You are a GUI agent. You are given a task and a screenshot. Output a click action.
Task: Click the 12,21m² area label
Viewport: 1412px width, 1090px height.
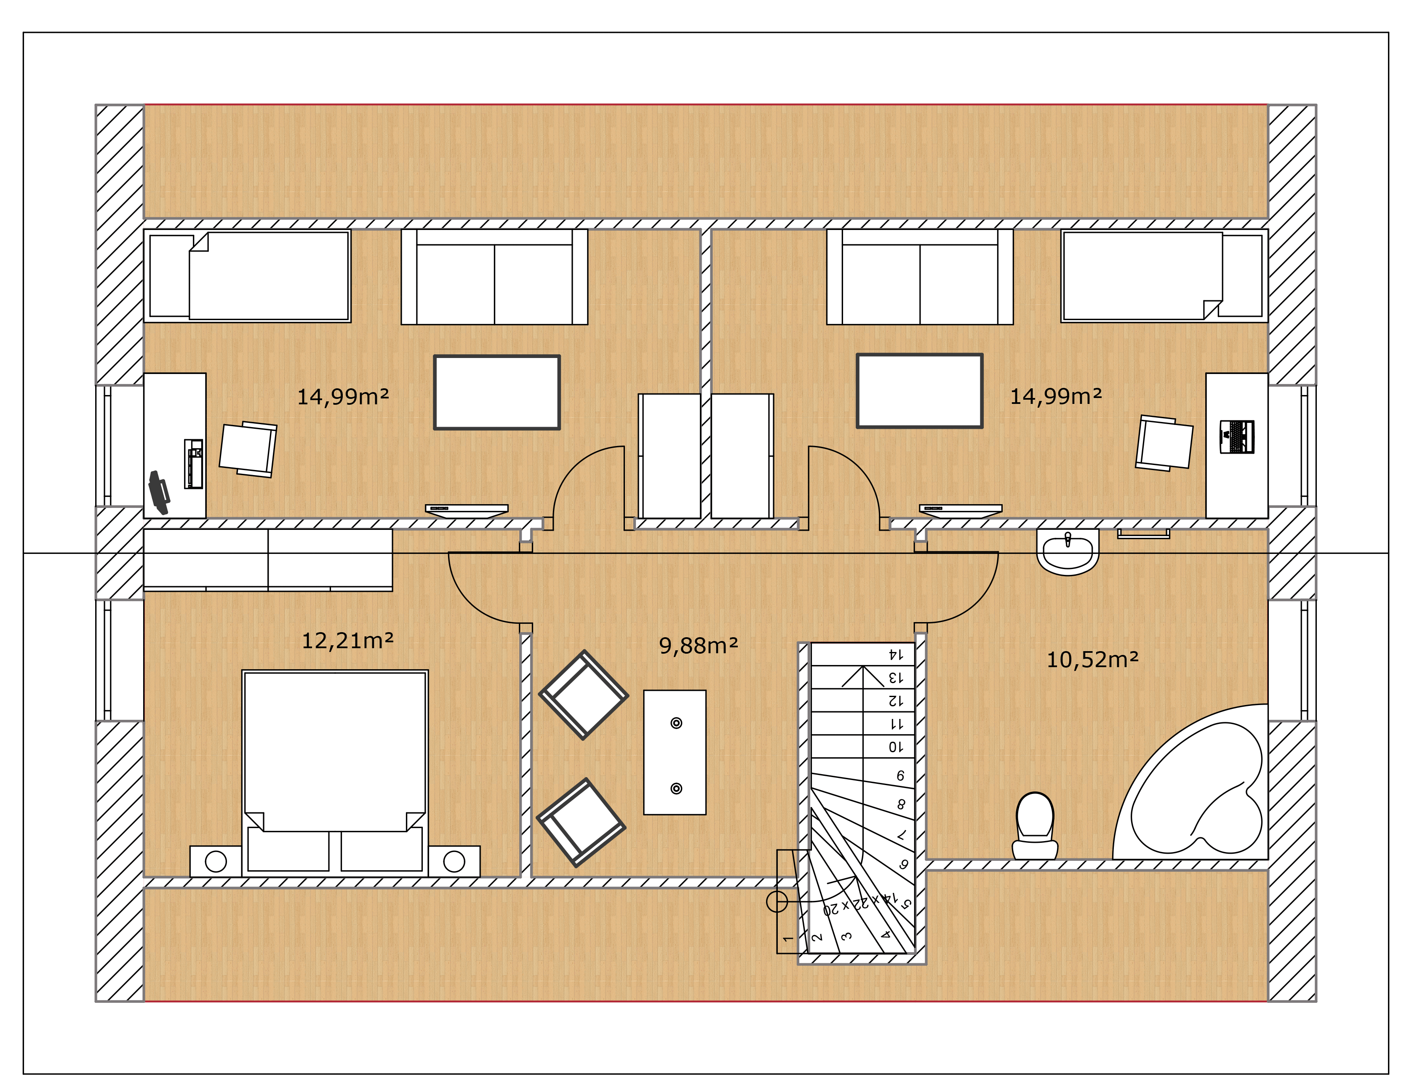click(348, 641)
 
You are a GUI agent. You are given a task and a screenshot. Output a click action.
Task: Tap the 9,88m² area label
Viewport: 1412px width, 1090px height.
click(698, 645)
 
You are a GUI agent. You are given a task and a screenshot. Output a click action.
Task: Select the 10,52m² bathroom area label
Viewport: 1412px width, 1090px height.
click(1093, 660)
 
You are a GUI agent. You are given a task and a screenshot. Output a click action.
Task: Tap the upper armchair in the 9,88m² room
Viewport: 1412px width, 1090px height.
click(583, 695)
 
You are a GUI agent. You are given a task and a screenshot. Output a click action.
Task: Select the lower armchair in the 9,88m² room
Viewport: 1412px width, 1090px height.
click(581, 823)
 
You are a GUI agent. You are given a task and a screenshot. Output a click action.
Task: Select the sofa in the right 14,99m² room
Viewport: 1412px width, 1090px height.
click(920, 277)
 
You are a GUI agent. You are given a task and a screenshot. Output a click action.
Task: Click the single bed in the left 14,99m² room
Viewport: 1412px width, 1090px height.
click(247, 275)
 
